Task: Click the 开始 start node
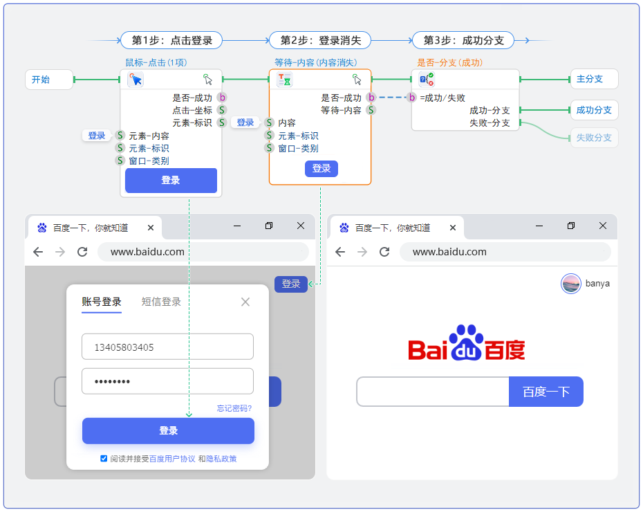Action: point(48,80)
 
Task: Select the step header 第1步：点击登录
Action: point(171,40)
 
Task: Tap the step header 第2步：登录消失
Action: point(320,40)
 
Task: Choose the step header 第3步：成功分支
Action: point(463,40)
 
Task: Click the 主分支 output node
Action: point(593,79)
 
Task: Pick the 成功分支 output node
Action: point(593,110)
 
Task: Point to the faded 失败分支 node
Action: point(593,138)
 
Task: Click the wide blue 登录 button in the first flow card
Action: point(171,181)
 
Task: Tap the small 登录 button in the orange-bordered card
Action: point(321,168)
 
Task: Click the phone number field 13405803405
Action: point(167,347)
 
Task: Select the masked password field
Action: point(167,381)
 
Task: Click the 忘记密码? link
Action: point(234,408)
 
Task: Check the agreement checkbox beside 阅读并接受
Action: point(104,458)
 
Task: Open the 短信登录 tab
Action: point(161,302)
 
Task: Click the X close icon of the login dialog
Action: point(245,302)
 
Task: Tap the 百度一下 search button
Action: point(546,392)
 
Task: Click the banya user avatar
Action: point(571,284)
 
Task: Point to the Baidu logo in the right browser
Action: point(467,344)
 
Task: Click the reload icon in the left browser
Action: point(82,252)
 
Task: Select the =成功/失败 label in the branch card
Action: point(442,98)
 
